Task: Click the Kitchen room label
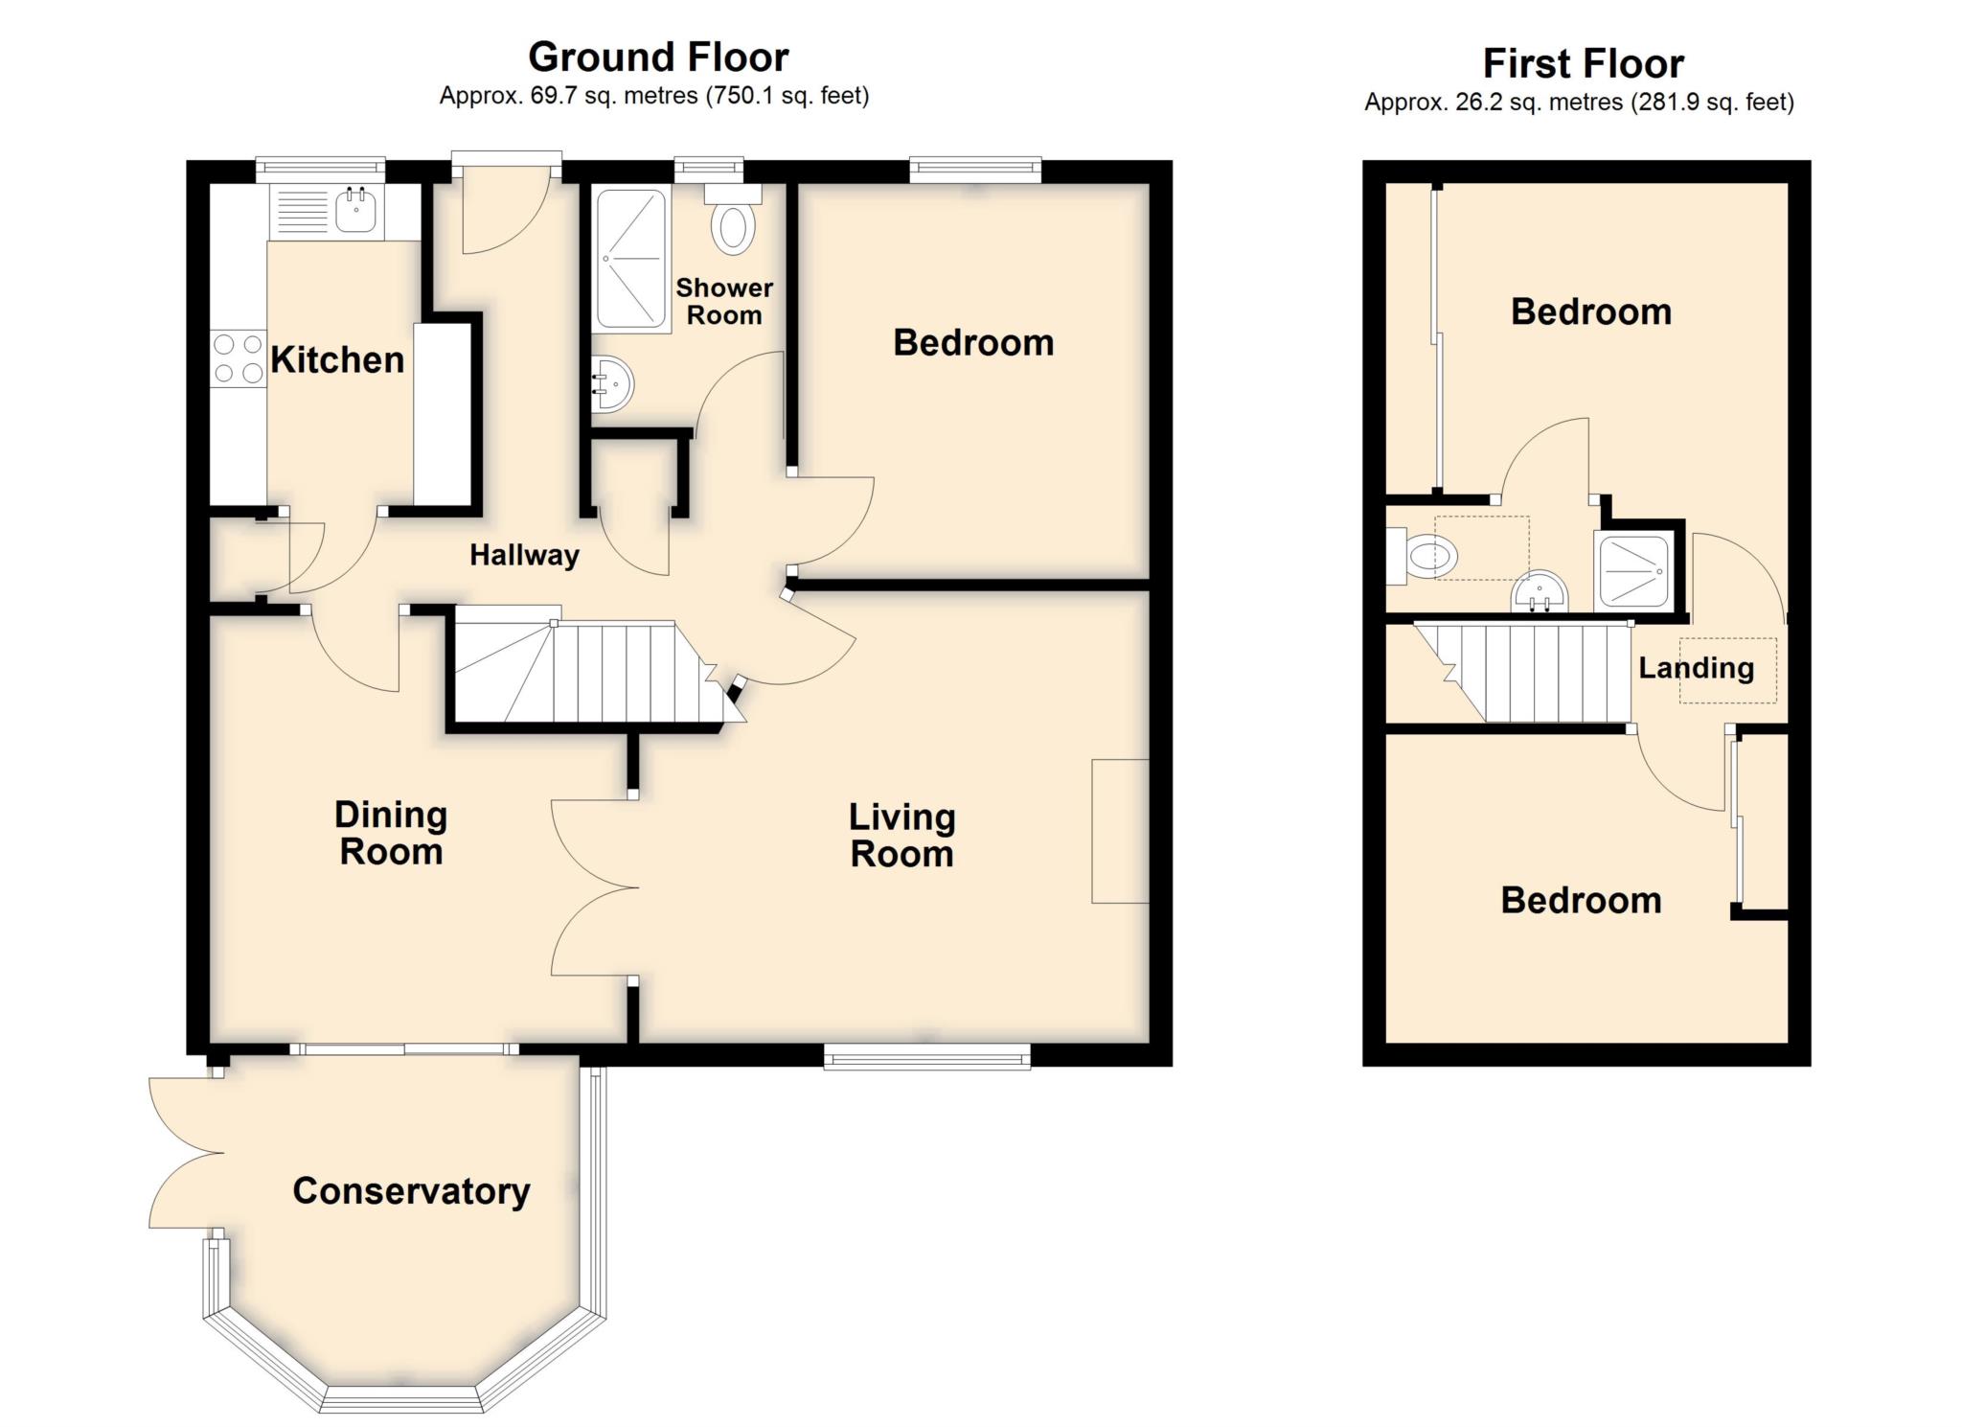(337, 360)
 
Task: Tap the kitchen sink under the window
(356, 211)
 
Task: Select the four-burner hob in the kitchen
(239, 358)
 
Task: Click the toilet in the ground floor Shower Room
(733, 220)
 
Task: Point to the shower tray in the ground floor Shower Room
(631, 259)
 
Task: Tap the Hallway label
(524, 555)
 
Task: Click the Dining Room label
(391, 833)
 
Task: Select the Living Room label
(901, 836)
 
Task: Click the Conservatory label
(411, 1191)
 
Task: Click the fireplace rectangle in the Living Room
(1120, 831)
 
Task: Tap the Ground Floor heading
(658, 58)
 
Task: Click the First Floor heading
(1583, 64)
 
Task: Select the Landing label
(1696, 668)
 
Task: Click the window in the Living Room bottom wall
(927, 1057)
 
